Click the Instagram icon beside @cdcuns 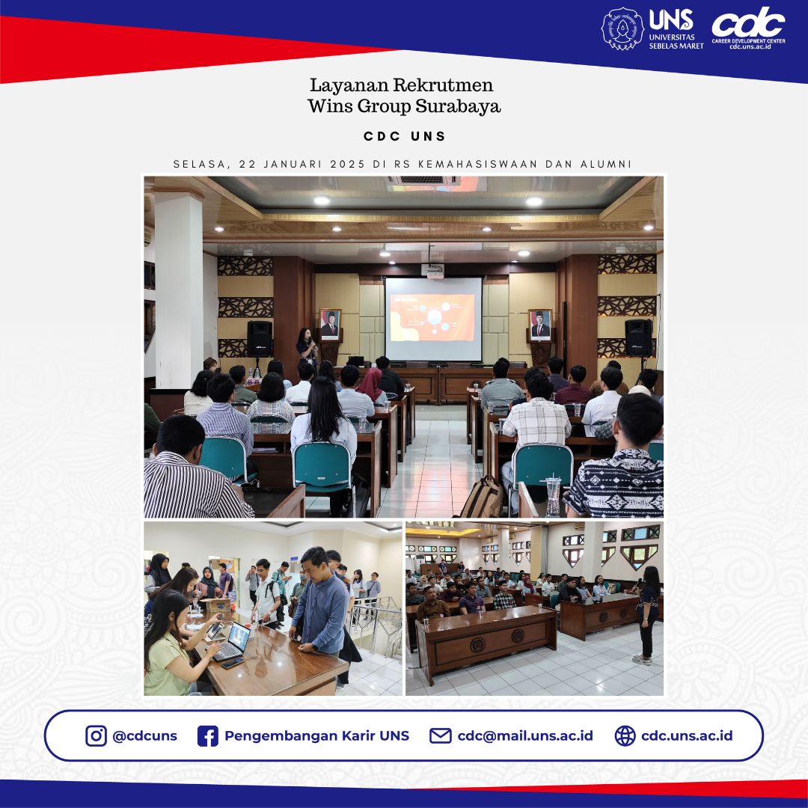96,736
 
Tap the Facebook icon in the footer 207,736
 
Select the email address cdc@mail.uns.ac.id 525,736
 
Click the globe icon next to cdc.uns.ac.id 625,736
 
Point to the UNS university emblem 622,29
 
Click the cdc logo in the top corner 747,24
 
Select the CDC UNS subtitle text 404,136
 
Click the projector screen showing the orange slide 433,318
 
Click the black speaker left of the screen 260,338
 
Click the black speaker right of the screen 638,337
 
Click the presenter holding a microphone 307,348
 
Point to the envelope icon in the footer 440,736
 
